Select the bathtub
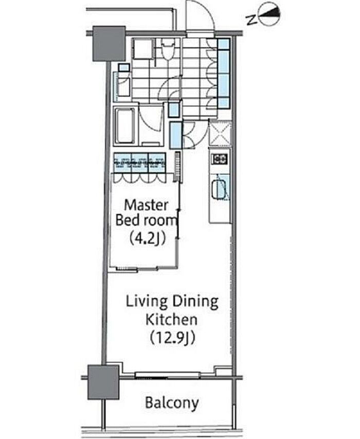point(124,126)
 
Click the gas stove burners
point(220,159)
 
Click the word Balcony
point(172,403)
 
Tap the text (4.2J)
point(148,238)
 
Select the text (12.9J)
point(172,338)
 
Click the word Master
point(146,205)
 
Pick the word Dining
point(195,302)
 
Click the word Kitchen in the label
point(171,319)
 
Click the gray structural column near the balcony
point(103,382)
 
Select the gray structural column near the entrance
point(109,43)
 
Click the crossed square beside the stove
point(220,133)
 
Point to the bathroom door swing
point(151,119)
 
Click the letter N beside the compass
point(251,20)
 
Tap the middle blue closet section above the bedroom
point(139,163)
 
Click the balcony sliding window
point(167,375)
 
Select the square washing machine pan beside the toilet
point(143,48)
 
